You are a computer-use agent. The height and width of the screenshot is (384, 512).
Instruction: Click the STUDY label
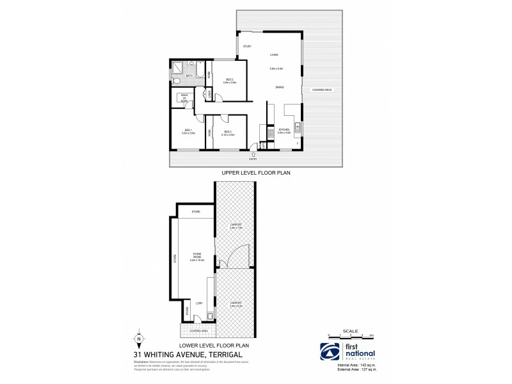click(247, 46)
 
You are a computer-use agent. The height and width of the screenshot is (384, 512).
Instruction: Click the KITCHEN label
click(284, 129)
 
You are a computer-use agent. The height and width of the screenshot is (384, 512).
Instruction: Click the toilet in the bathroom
click(177, 81)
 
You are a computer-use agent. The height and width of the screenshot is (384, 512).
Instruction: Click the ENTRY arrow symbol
click(255, 154)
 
